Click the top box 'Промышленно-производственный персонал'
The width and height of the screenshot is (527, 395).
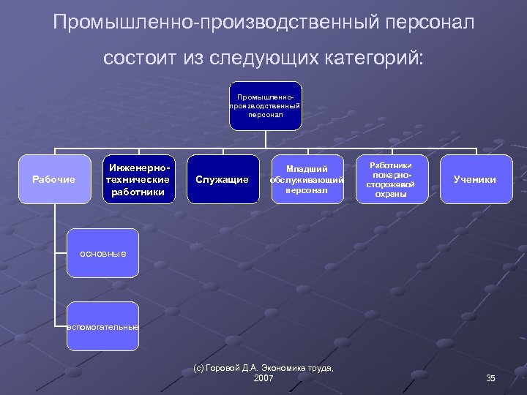click(264, 106)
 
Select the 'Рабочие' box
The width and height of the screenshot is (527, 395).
click(55, 179)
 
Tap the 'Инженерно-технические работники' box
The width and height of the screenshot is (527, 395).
click(138, 179)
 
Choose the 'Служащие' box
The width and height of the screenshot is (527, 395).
click(223, 179)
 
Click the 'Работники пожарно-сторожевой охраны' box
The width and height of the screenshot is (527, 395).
click(390, 179)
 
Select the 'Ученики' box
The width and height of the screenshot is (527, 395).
click(474, 179)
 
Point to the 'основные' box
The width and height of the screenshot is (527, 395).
click(102, 253)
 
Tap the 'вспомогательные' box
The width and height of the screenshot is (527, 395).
click(102, 326)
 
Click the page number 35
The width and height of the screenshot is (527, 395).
click(490, 377)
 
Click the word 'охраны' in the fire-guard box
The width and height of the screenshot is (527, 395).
click(391, 194)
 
